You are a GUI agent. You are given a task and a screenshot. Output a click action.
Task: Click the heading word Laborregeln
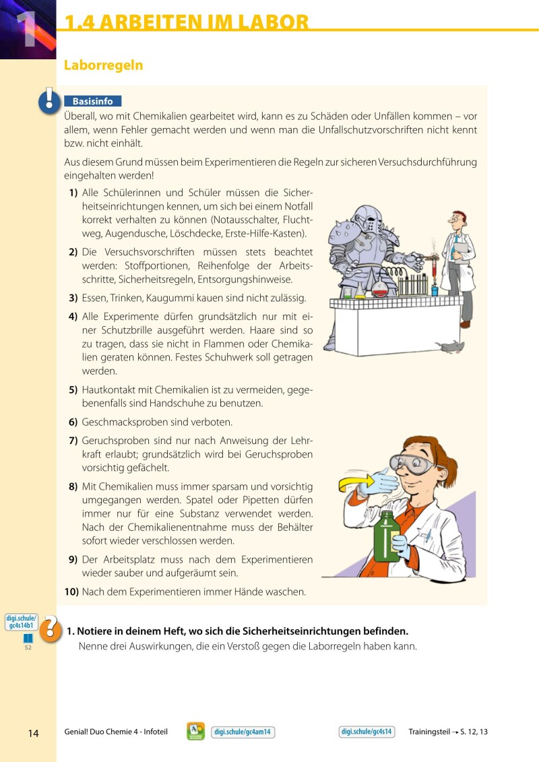[103, 65]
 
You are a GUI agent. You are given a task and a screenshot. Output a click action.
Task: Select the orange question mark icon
[50, 630]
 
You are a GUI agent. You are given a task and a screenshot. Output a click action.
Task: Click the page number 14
[34, 732]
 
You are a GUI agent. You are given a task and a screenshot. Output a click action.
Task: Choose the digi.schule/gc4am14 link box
[243, 732]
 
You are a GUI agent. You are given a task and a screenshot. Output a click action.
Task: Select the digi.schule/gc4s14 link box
[367, 732]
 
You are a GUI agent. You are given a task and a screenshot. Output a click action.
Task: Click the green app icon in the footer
[196, 732]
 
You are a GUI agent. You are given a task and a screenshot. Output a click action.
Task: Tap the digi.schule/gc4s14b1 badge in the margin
[22, 621]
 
